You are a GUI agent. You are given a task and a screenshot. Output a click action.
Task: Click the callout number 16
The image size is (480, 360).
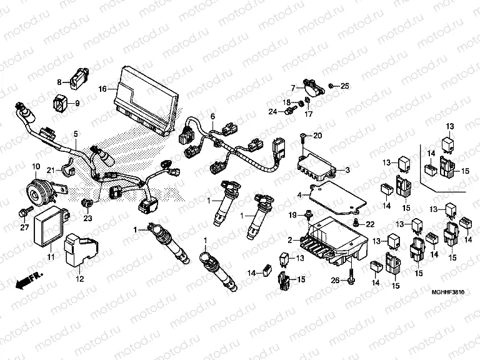coord(102,89)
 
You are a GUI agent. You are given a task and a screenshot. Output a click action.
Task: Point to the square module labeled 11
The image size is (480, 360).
coord(50,223)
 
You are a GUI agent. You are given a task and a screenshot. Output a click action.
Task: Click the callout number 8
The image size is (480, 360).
coord(60,82)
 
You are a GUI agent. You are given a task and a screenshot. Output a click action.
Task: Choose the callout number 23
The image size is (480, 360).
coord(87,217)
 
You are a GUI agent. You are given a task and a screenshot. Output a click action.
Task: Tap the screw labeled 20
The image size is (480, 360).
coord(304,136)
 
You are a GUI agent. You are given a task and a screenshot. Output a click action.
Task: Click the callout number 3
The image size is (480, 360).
coord(347,169)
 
